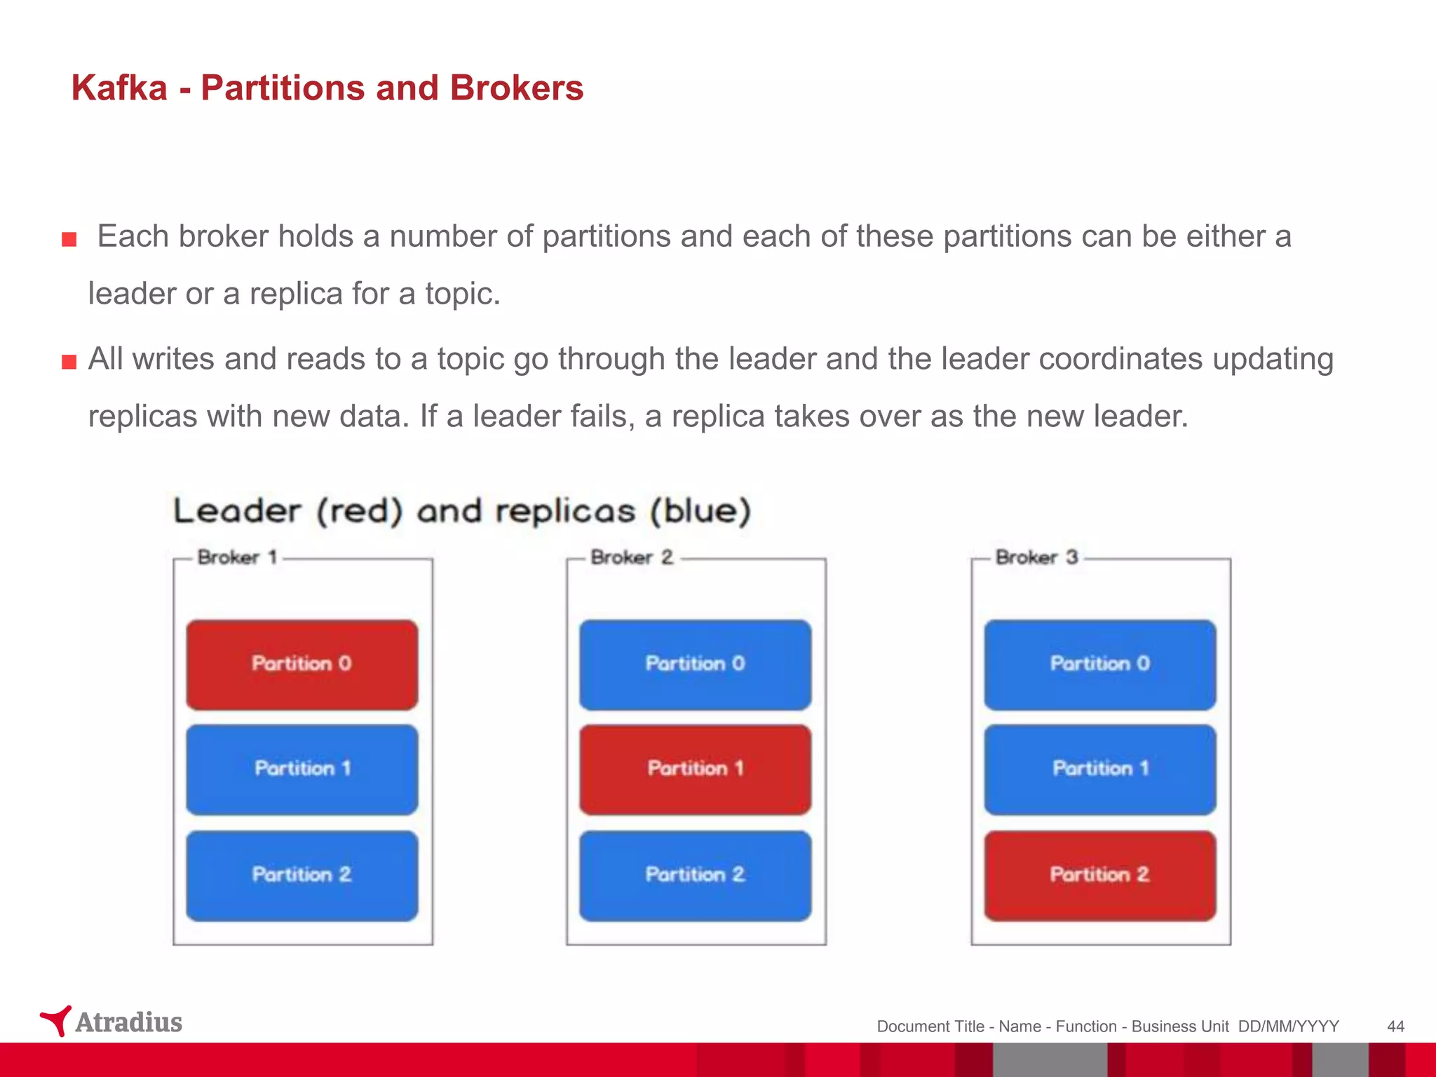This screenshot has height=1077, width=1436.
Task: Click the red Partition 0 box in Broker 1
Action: tap(302, 664)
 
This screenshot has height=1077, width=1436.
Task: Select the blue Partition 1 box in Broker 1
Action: tap(302, 769)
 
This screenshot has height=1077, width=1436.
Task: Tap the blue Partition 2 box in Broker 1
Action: tap(302, 875)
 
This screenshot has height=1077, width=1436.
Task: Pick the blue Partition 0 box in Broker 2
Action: tap(695, 664)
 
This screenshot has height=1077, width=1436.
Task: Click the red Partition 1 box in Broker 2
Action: tap(695, 769)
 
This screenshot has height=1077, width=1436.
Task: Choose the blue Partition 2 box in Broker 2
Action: tap(695, 875)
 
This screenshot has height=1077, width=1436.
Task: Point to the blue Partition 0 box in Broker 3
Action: tap(1099, 664)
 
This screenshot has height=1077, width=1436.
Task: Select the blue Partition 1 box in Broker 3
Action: tap(1099, 769)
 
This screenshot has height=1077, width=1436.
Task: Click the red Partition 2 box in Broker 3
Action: tap(1099, 875)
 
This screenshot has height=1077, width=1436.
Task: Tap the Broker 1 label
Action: tap(238, 557)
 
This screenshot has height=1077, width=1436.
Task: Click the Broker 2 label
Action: tap(631, 557)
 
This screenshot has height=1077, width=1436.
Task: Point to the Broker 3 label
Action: tap(1036, 557)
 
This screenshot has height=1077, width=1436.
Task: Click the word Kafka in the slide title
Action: tap(119, 88)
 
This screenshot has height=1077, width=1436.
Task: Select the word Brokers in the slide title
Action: tap(516, 88)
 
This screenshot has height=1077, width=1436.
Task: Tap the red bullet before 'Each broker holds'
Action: tap(69, 241)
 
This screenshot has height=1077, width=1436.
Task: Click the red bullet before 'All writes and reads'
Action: tap(69, 363)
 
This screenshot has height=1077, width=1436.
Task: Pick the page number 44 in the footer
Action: tap(1395, 1027)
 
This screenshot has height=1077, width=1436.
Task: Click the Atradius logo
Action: tap(111, 1022)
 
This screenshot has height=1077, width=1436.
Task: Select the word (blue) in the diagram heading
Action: tap(700, 510)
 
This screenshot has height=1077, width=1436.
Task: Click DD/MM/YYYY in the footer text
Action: tap(1288, 1027)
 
